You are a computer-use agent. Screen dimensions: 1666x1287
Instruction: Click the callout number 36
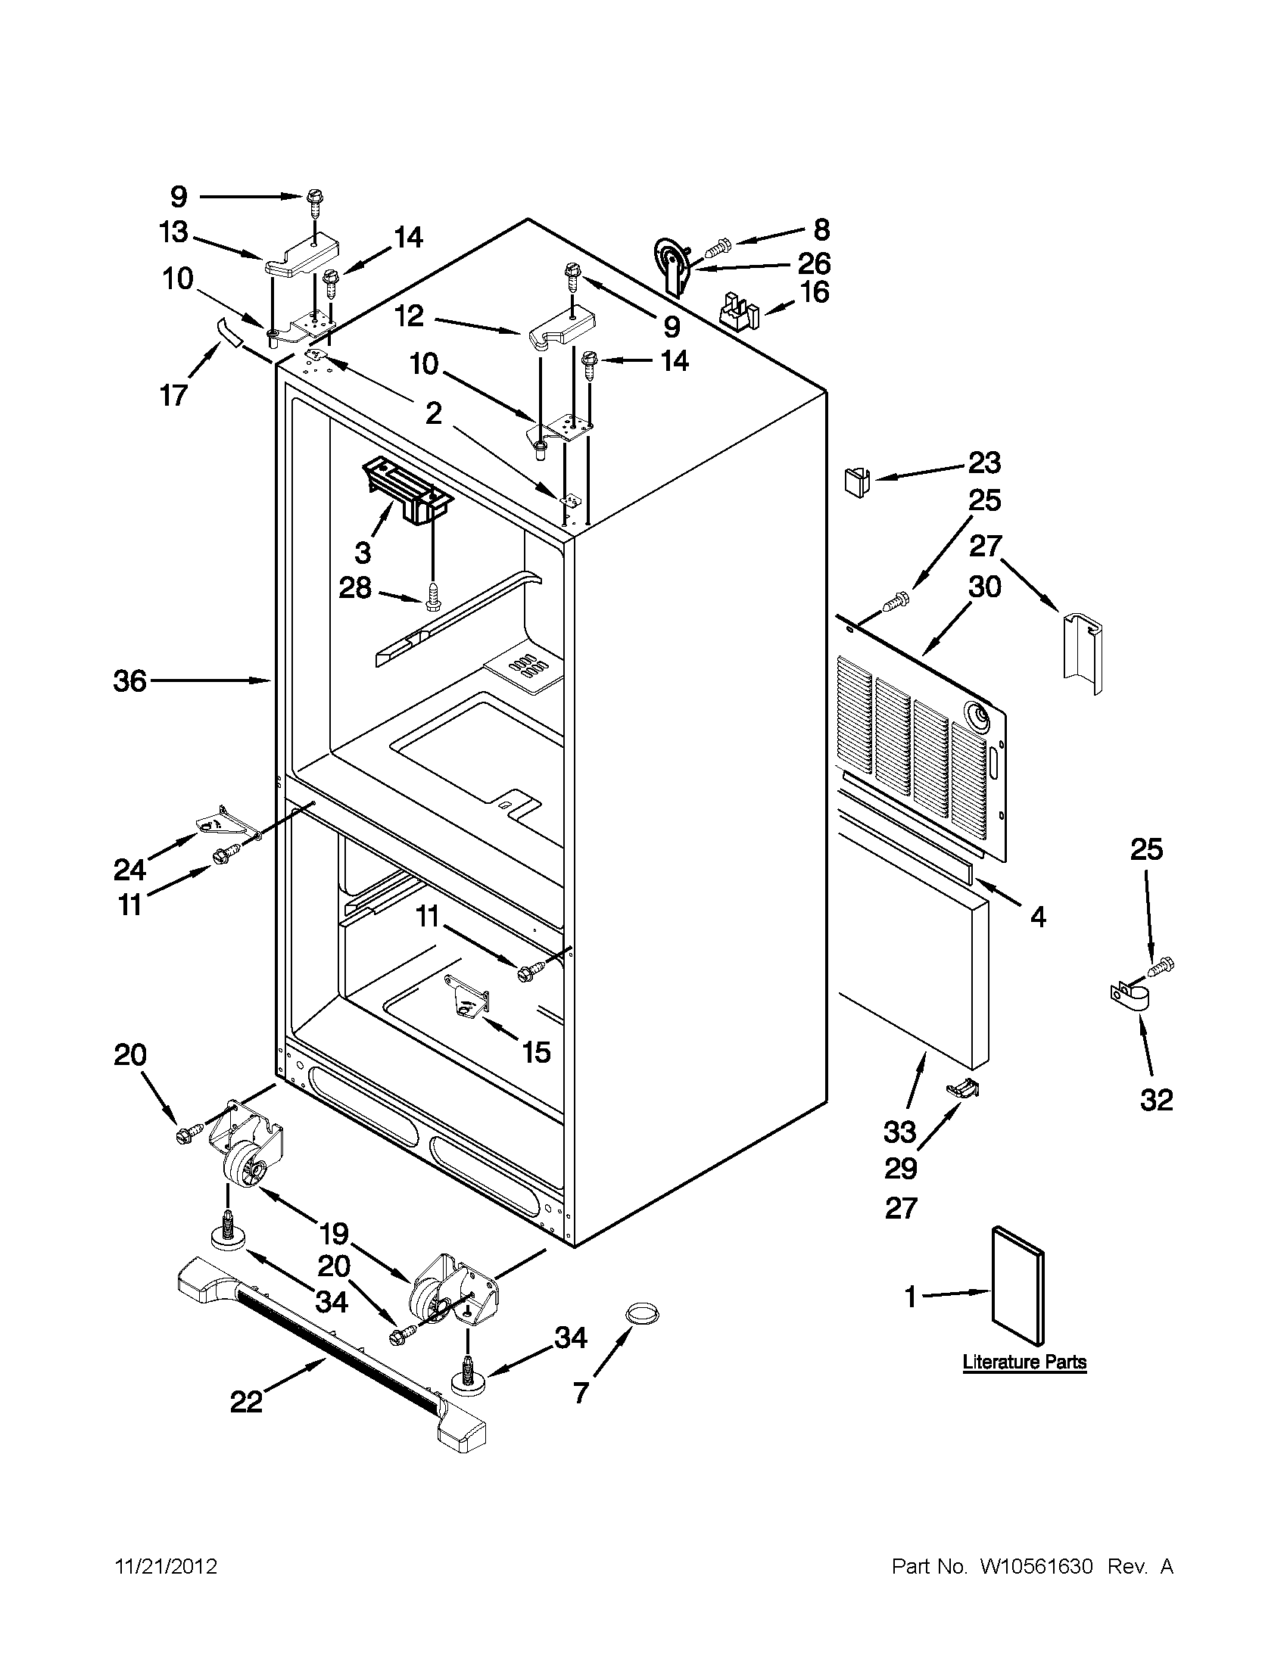click(129, 680)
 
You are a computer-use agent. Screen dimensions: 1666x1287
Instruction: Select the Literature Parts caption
click(1024, 1362)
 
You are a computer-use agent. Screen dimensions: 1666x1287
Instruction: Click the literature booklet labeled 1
click(1017, 1286)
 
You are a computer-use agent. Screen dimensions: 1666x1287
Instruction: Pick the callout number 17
click(174, 395)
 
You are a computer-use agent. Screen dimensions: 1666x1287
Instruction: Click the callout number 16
click(814, 292)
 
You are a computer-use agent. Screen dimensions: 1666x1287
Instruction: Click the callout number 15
click(536, 1053)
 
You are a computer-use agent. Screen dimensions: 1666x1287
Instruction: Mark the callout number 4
click(1037, 916)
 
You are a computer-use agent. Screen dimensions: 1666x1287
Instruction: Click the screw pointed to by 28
click(432, 595)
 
